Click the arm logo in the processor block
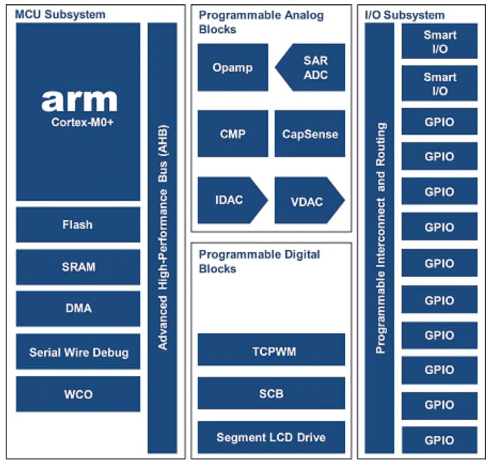[x=78, y=100]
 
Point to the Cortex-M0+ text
[x=78, y=122]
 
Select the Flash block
[x=78, y=224]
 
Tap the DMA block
[x=78, y=309]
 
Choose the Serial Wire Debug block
[x=78, y=352]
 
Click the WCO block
[x=78, y=394]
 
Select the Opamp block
[x=233, y=68]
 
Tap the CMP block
[x=233, y=133]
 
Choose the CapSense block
[x=310, y=133]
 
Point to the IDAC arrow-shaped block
[x=229, y=200]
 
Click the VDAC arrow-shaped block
[x=307, y=201]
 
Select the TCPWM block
[x=271, y=350]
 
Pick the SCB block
[x=271, y=393]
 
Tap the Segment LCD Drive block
[x=271, y=437]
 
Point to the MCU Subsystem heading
[x=60, y=14]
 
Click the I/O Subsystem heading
[x=405, y=14]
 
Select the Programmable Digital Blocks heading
[x=260, y=261]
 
